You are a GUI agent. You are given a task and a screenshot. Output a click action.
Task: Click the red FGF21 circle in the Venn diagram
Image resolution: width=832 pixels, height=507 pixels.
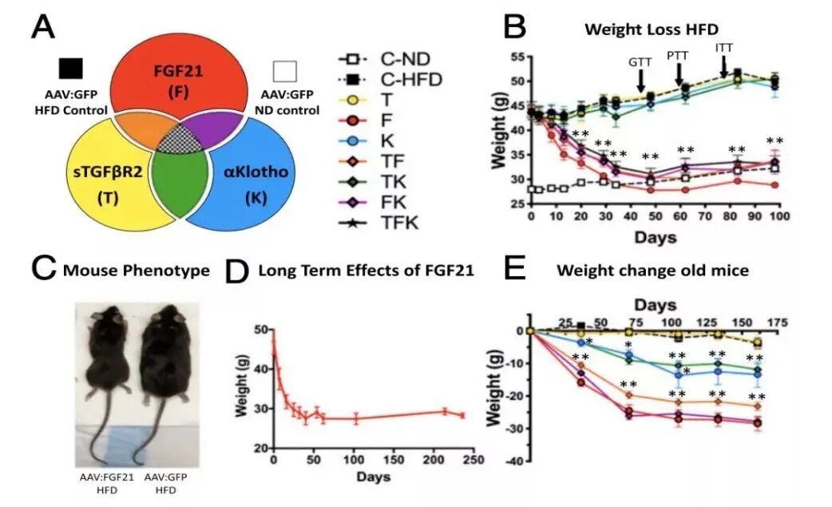click(x=180, y=76)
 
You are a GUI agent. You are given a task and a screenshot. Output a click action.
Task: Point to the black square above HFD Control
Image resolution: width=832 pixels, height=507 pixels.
click(x=71, y=69)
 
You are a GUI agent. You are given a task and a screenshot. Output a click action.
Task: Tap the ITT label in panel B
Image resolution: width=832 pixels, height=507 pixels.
click(x=724, y=48)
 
